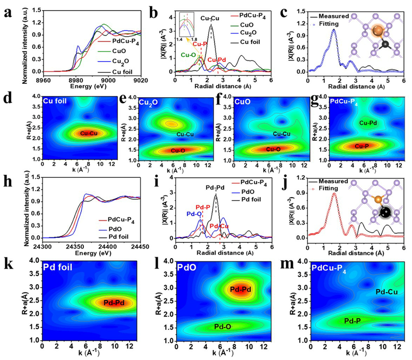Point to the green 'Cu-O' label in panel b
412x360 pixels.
(188, 54)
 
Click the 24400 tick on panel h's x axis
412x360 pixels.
(108, 247)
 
